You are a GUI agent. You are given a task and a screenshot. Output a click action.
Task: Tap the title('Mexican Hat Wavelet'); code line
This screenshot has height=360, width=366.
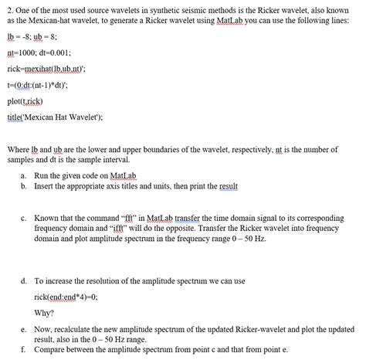[x=54, y=119]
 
